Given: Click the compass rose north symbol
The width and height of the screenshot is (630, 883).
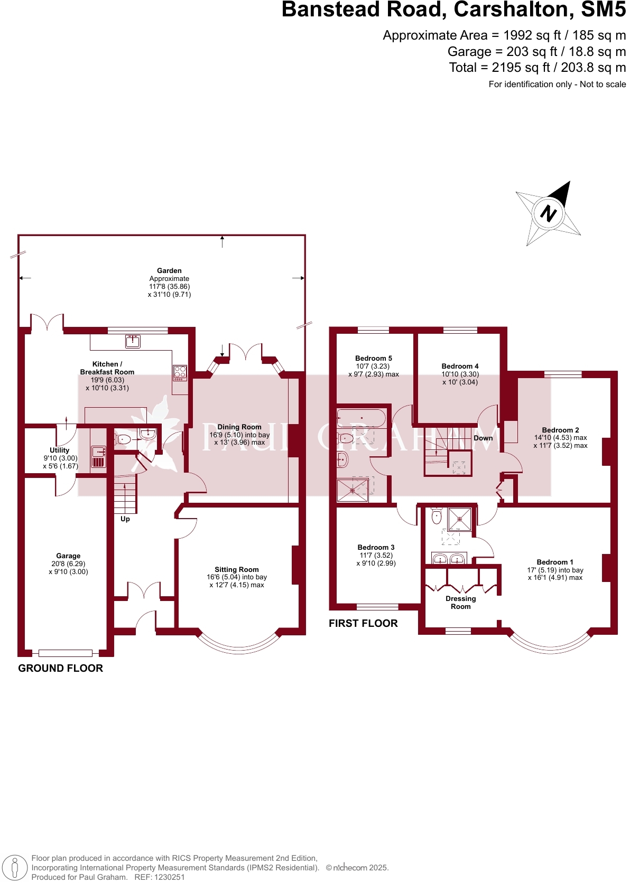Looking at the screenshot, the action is pos(548,213).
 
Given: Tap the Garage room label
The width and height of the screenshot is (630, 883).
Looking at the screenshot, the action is pos(68,556).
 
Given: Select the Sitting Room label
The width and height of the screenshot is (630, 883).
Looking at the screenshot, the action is pos(237,569).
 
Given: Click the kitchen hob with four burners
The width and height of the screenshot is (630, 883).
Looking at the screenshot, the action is pos(180,373).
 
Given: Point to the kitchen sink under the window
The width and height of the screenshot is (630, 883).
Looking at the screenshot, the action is pos(133,341).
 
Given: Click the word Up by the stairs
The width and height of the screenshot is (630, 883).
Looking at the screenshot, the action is pos(125,519).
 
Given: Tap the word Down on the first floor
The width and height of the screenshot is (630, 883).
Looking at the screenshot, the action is pos(483,438).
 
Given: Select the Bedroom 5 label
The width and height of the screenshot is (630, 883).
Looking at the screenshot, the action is pos(374,358).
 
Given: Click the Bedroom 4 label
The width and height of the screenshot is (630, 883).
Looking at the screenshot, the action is pos(460,366).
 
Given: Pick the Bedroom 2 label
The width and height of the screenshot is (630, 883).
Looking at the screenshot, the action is pos(560,430).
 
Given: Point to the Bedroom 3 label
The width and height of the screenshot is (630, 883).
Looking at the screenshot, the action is pos(376,547).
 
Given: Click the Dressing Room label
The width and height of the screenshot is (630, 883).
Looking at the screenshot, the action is pos(460,603).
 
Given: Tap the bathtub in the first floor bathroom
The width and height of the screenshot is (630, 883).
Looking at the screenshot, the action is pos(362,418).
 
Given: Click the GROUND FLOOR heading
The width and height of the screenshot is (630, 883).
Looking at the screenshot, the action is pos(61,668).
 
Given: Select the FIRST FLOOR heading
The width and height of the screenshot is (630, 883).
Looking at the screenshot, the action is pos(363,623).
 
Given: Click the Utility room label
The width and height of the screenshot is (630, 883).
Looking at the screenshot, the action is pos(60,450).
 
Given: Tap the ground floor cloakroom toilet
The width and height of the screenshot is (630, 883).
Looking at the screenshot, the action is pos(123,439).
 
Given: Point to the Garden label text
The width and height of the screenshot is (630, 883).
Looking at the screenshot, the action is pos(169,270).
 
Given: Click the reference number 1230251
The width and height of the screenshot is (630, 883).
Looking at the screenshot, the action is pos(169,877).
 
